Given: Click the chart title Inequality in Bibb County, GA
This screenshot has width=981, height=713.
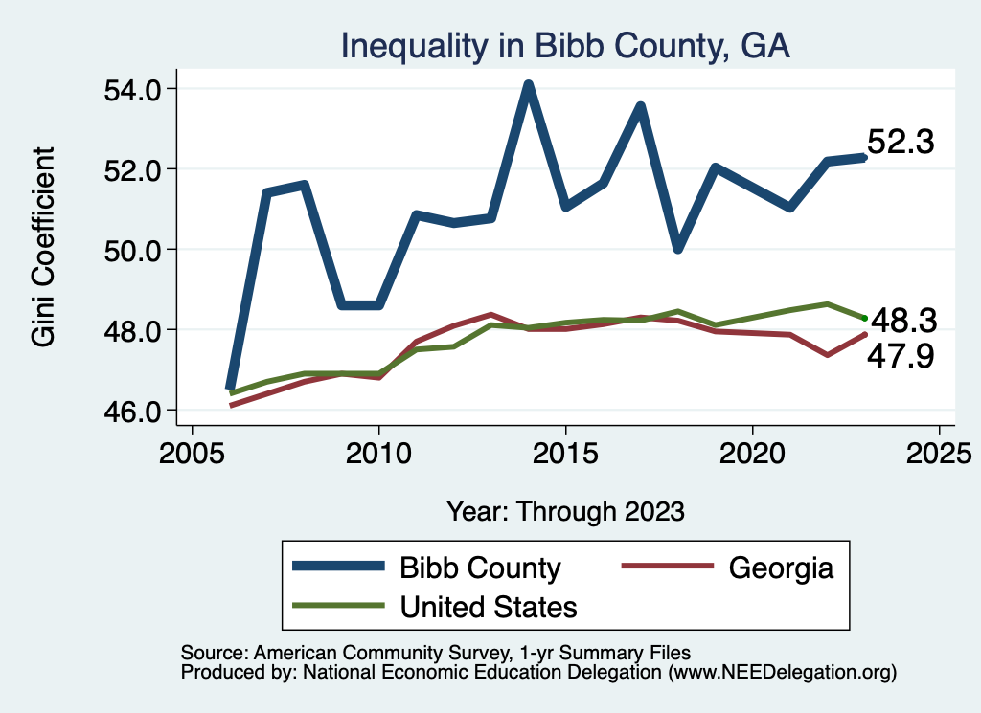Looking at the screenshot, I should tap(565, 46).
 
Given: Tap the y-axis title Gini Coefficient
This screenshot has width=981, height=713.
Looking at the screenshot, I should tap(43, 247).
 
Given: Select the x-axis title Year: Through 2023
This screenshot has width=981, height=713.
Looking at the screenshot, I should tap(565, 511).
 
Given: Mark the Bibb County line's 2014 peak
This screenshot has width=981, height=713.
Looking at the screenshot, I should tap(528, 85).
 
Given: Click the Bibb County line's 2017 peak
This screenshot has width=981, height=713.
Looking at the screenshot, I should tap(640, 105).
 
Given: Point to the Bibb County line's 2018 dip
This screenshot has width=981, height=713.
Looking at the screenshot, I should tap(677, 249).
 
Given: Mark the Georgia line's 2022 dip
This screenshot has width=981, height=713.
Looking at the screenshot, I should tap(827, 355).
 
